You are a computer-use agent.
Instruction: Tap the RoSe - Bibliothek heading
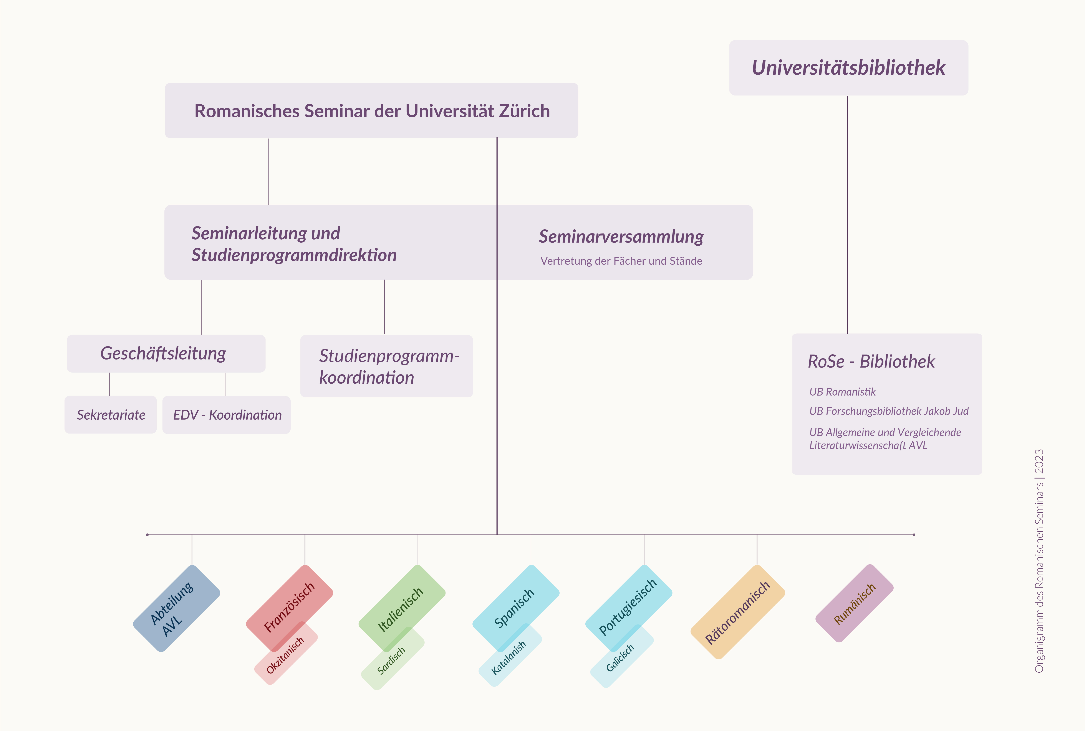[x=871, y=361]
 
